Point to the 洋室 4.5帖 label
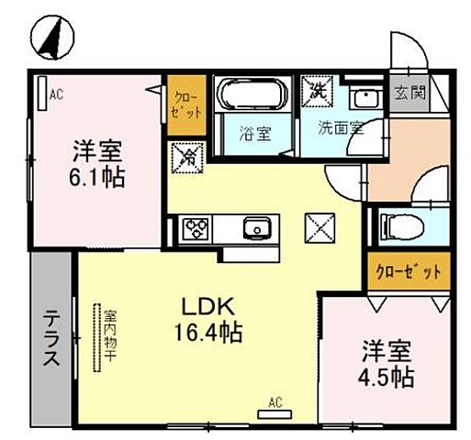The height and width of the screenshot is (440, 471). coord(385,363)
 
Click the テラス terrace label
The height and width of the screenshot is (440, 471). coord(51,336)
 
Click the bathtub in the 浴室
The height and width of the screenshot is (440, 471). coord(251,95)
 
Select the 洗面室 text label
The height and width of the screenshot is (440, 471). coord(341,128)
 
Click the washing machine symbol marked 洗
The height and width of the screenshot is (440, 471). coord(318,92)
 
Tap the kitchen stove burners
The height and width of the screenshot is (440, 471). coord(196,227)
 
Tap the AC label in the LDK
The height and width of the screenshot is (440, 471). coord(275,401)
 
